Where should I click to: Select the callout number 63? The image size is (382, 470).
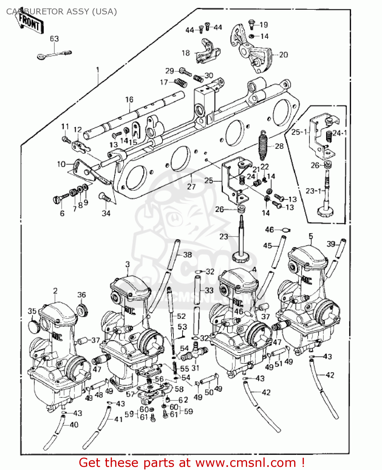pyautogui.click(x=54, y=39)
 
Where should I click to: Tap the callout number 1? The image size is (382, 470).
pyautogui.click(x=98, y=70)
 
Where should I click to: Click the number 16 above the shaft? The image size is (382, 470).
pyautogui.click(x=129, y=100)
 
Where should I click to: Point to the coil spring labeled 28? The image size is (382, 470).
pyautogui.click(x=264, y=145)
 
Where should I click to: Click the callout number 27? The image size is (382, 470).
pyautogui.click(x=191, y=187)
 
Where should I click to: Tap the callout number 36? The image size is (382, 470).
pyautogui.click(x=82, y=295)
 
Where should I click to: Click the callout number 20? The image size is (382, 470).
pyautogui.click(x=283, y=55)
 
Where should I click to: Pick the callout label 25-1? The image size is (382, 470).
pyautogui.click(x=299, y=132)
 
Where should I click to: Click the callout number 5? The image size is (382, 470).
pyautogui.click(x=310, y=236)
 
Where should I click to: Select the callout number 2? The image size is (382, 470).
pyautogui.click(x=55, y=291)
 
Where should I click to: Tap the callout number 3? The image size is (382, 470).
pyautogui.click(x=127, y=265)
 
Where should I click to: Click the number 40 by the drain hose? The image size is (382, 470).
pyautogui.click(x=74, y=425)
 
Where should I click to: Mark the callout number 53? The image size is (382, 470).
pyautogui.click(x=182, y=327)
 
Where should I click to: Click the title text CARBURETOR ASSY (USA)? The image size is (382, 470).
pyautogui.click(x=61, y=12)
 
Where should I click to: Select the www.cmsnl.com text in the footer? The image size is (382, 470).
pyautogui.click(x=246, y=463)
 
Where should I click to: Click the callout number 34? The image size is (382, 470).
pyautogui.click(x=106, y=213)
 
